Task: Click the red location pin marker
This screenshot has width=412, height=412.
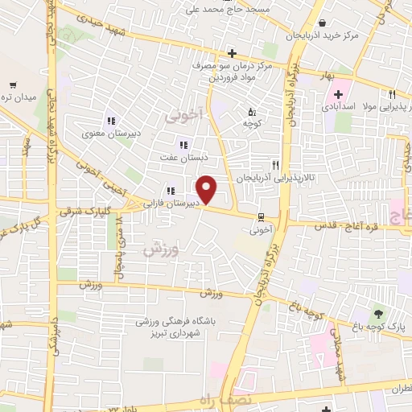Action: tap(207, 190)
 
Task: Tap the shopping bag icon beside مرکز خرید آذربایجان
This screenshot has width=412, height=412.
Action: tap(323, 23)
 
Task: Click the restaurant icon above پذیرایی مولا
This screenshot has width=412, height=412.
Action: tap(392, 93)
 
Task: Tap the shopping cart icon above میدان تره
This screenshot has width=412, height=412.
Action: tap(14, 84)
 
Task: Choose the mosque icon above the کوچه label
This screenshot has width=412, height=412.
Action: tap(251, 112)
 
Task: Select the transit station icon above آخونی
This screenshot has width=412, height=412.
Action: tap(261, 216)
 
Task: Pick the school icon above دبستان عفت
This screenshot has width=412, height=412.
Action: tap(183, 145)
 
